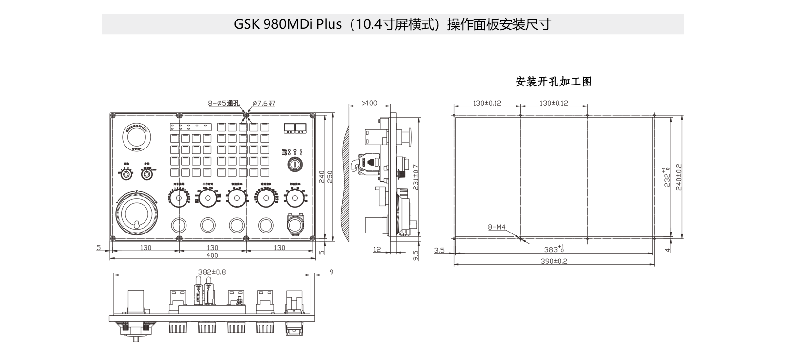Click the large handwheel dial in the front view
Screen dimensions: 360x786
coord(136,213)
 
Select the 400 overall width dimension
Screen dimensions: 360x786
coord(212,255)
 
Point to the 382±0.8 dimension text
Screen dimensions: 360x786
coord(212,272)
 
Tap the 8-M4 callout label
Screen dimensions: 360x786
coord(497,227)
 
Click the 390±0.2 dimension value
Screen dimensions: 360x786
coord(554,261)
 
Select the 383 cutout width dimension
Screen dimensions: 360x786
coord(554,250)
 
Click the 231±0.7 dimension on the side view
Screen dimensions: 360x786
coord(415,177)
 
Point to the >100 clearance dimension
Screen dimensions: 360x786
coord(370,103)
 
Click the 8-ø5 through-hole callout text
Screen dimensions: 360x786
coord(224,103)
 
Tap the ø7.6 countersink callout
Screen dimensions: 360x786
coord(264,103)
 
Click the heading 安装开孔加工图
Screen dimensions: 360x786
coord(554,82)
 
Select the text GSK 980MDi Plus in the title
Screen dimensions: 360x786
coord(288,24)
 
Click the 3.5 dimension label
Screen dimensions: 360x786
coord(439,250)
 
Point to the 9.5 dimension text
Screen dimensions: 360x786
coord(415,256)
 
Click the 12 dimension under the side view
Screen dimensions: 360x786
coord(377,250)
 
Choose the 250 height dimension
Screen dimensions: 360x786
coord(330,177)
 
